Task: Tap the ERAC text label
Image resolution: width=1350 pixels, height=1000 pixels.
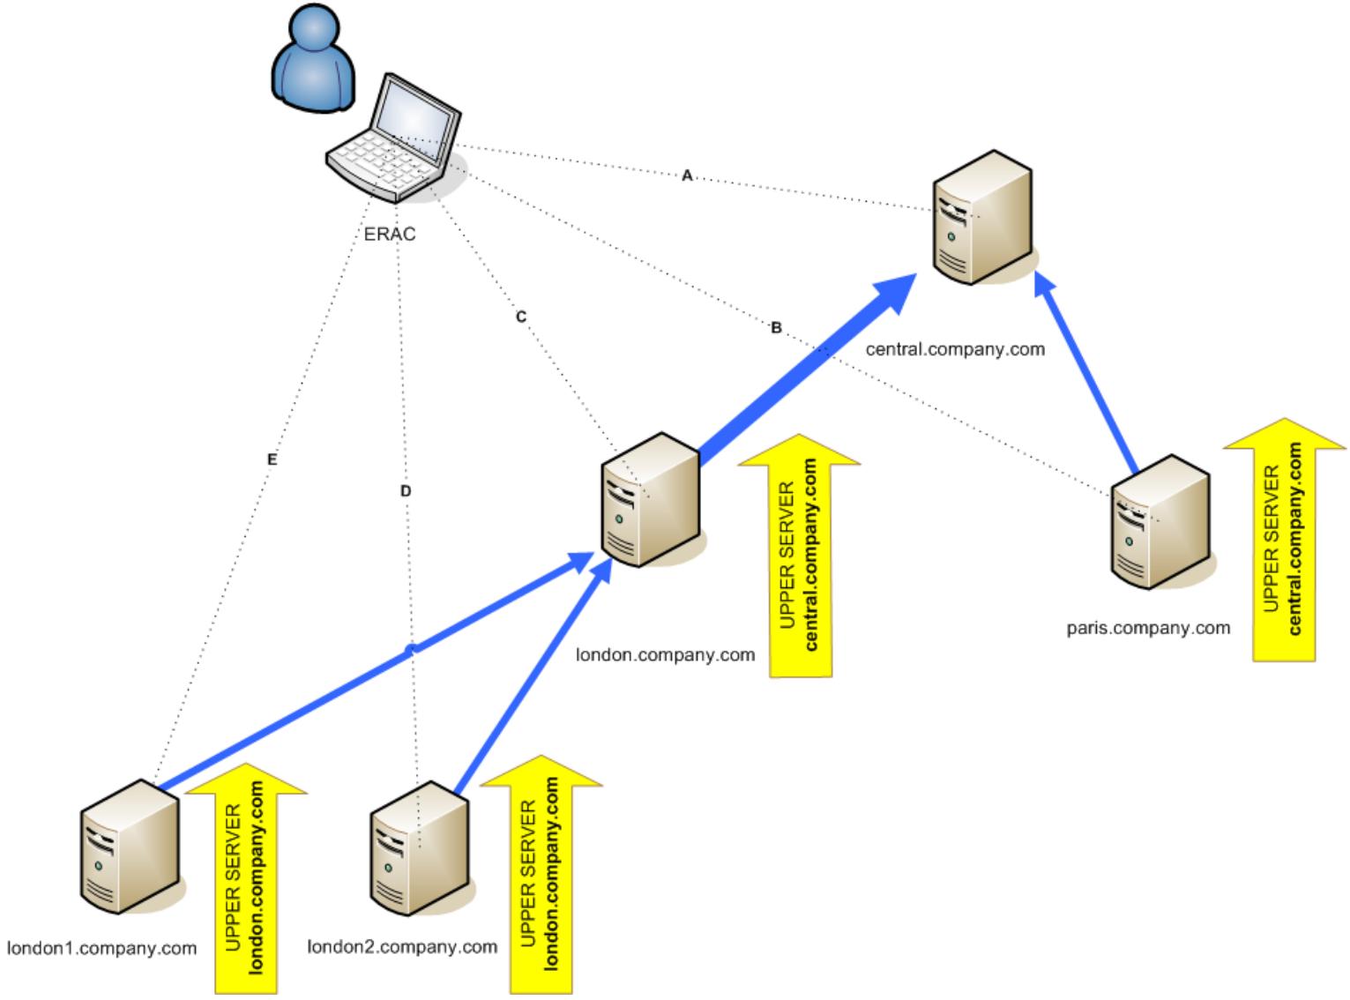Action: click(390, 235)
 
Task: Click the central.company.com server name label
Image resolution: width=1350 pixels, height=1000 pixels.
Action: click(955, 349)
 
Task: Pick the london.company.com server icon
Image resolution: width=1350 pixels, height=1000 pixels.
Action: click(650, 498)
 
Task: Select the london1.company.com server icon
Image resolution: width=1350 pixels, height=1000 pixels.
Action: click(130, 846)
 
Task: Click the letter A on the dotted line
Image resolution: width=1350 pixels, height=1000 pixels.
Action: click(687, 175)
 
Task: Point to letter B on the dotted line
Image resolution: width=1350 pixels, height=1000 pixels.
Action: click(776, 328)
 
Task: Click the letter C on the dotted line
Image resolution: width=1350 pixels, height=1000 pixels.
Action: click(521, 317)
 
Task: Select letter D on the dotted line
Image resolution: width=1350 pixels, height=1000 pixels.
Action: click(406, 491)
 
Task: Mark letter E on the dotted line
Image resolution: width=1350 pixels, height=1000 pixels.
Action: click(272, 459)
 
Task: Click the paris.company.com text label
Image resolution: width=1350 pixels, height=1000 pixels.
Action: click(1148, 629)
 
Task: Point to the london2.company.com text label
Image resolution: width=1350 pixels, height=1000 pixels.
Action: click(402, 947)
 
